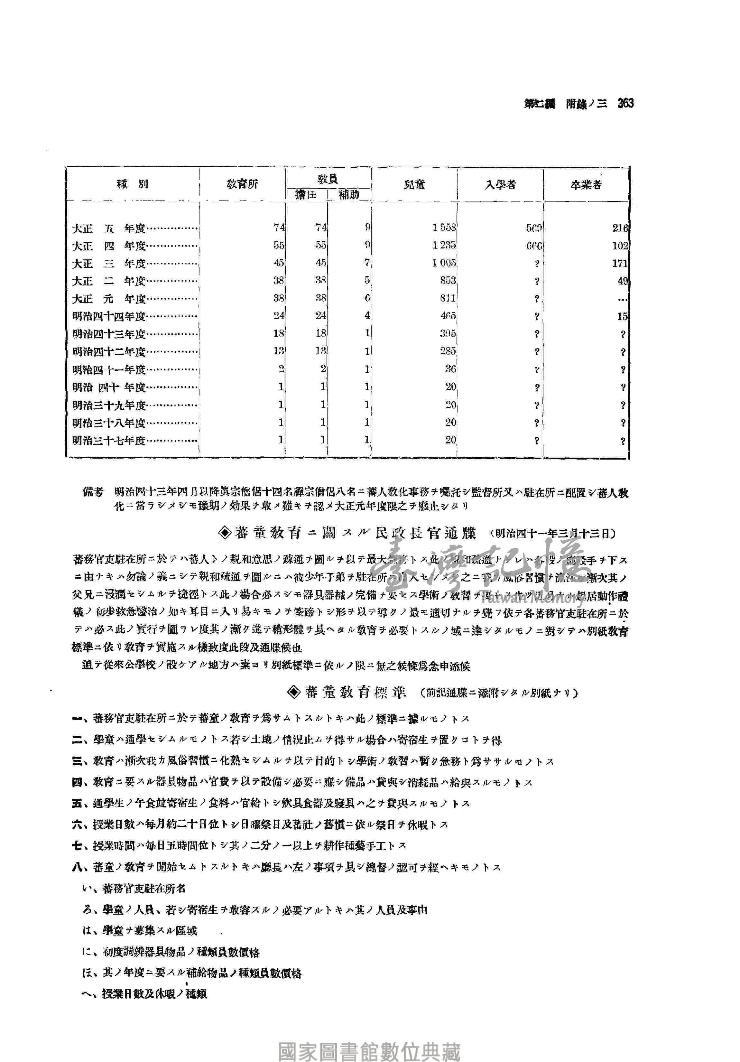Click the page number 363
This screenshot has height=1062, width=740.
tap(625, 103)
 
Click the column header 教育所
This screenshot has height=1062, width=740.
tap(242, 184)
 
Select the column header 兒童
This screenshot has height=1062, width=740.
tap(414, 184)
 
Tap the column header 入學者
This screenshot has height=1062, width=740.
tap(500, 184)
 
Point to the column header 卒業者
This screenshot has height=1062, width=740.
tap(586, 184)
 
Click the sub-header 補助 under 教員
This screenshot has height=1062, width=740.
tap(349, 195)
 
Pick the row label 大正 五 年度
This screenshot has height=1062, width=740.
tap(109, 228)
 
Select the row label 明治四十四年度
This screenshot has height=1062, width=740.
tap(109, 316)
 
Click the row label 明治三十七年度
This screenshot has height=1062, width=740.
tap(109, 440)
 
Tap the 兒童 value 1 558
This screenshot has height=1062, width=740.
tap(444, 228)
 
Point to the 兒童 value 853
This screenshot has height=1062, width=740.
tap(448, 280)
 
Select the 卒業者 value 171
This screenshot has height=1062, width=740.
tap(620, 263)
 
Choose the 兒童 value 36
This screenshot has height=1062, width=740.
tap(450, 369)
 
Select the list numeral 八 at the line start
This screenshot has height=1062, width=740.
tap(77, 867)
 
